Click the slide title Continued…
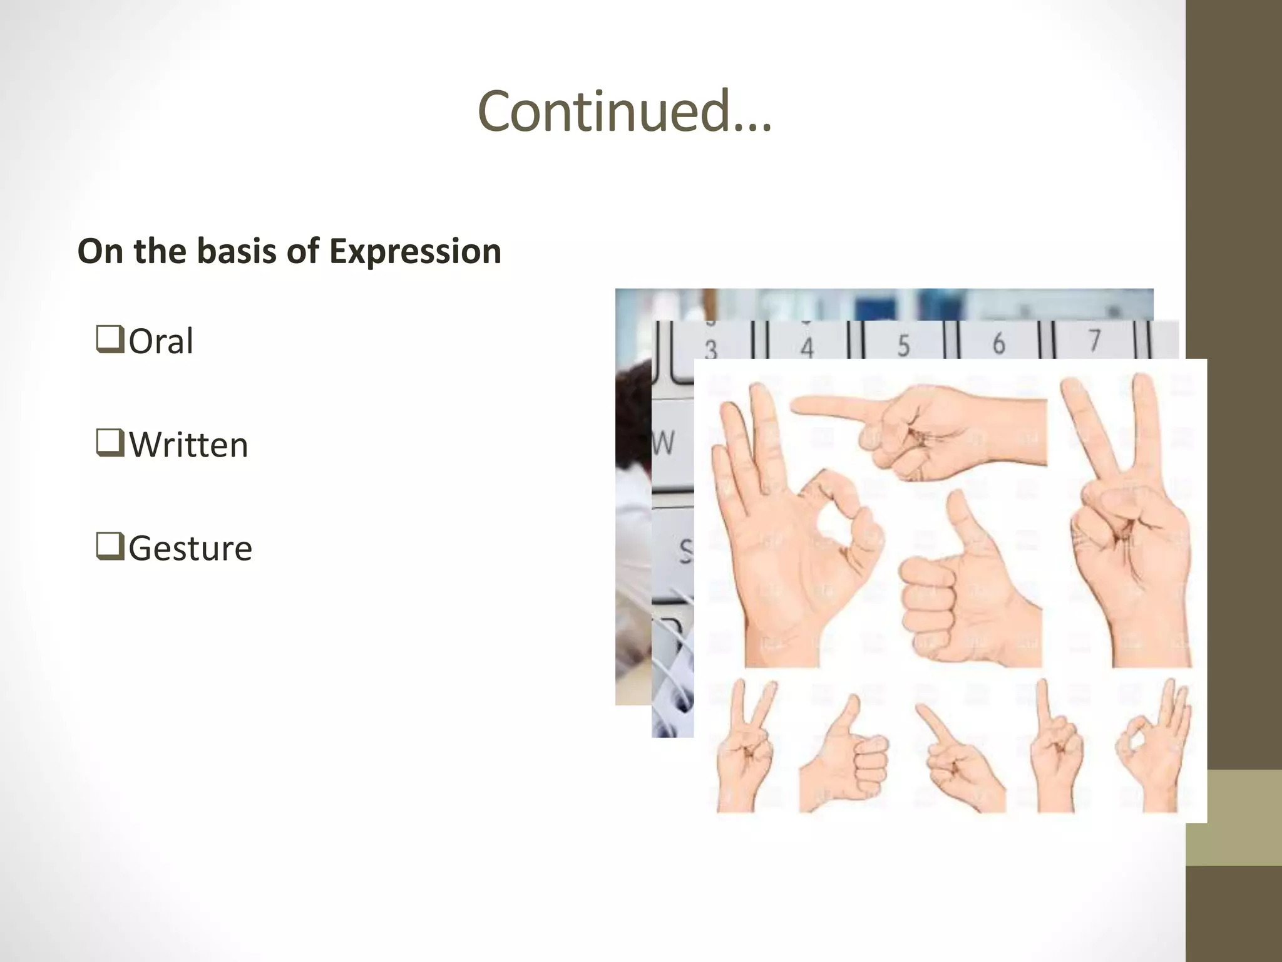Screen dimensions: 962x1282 pos(625,111)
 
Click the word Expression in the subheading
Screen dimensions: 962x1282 pos(415,252)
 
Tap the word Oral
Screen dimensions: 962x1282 pos(161,342)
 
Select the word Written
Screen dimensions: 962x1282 pos(188,445)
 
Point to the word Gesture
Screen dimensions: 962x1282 pos(190,549)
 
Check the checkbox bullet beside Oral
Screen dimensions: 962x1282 pos(110,339)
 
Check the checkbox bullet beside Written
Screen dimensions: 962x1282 pos(110,442)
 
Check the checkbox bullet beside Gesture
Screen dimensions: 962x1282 pos(110,546)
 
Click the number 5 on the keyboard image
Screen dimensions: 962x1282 pos(903,345)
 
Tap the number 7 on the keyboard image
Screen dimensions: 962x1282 pos(1094,341)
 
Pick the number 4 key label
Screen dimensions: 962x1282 pos(807,348)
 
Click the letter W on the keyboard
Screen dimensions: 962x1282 pos(664,443)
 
